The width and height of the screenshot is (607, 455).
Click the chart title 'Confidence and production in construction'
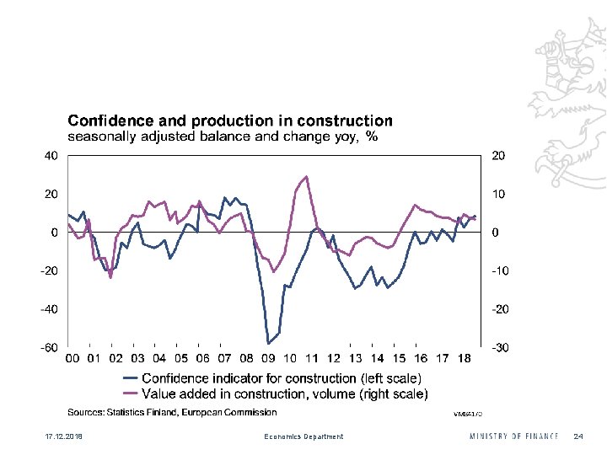point(230,121)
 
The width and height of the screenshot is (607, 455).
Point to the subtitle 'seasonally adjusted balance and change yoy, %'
point(222,136)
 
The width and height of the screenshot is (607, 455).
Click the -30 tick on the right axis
point(500,347)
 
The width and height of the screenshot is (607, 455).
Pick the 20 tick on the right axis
point(498,155)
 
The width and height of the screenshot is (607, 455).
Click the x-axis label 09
point(268,359)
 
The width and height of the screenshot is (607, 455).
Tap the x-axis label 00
point(73,359)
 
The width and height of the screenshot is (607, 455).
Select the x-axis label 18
point(463,359)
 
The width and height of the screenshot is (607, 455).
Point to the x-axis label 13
point(355,359)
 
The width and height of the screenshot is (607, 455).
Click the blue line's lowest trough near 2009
point(268,343)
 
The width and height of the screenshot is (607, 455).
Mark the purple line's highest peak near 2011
point(306,176)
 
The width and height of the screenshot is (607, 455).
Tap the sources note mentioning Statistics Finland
point(172,412)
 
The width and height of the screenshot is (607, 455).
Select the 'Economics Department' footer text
point(303,436)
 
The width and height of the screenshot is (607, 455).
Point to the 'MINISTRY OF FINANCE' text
point(514,436)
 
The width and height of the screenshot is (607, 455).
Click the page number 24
point(577,436)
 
